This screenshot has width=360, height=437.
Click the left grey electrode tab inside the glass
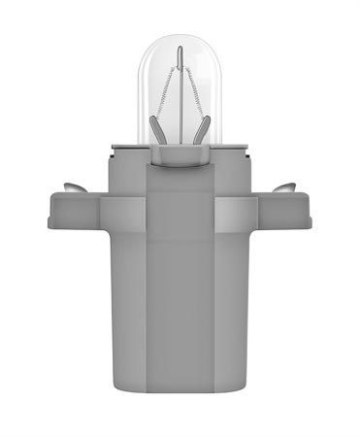(158, 127)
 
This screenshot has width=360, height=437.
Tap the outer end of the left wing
(51, 214)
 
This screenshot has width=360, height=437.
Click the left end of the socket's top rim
(114, 147)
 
